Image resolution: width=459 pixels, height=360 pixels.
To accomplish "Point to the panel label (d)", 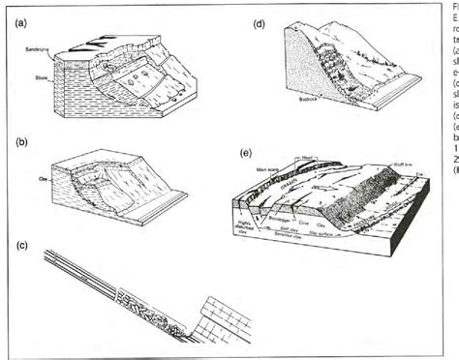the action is tap(260, 18).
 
